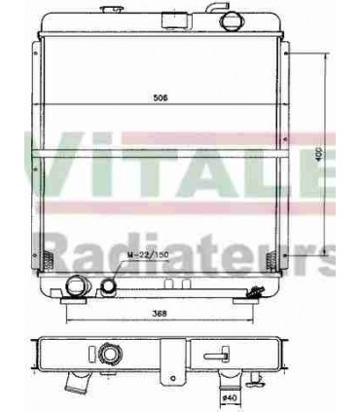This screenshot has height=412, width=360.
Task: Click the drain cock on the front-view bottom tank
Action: tap(256, 288)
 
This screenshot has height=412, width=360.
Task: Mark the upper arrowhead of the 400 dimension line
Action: tap(324, 60)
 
